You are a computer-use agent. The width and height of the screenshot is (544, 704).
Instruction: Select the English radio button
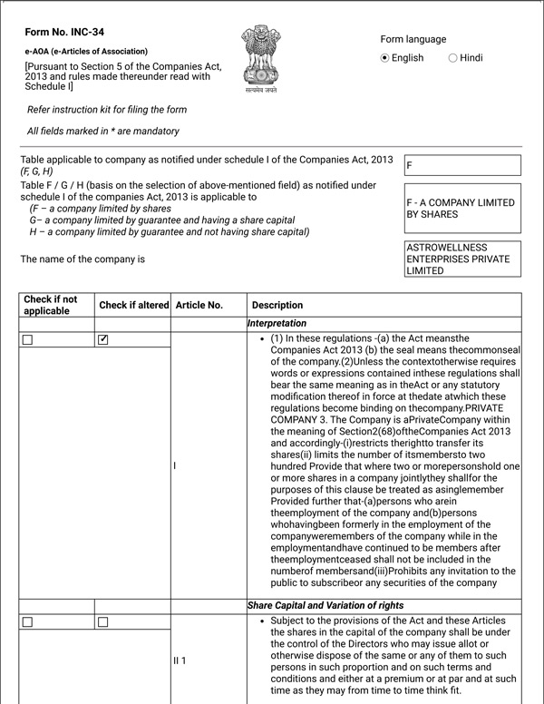click(x=385, y=58)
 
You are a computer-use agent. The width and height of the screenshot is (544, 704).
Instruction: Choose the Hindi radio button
click(x=453, y=58)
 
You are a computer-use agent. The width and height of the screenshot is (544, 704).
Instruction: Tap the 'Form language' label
click(x=413, y=39)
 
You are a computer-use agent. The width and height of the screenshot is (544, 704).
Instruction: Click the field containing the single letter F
click(x=462, y=165)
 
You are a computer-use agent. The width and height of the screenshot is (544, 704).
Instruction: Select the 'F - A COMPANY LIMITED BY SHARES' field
click(x=462, y=209)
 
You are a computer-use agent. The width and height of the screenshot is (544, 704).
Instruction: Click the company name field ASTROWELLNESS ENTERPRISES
click(x=462, y=259)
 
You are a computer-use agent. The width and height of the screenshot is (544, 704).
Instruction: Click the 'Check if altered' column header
click(x=133, y=306)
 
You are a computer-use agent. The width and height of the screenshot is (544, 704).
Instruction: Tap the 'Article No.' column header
click(x=199, y=306)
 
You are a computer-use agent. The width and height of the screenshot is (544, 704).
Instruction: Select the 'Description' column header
click(x=277, y=306)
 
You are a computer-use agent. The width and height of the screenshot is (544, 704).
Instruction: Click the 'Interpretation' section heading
click(x=277, y=323)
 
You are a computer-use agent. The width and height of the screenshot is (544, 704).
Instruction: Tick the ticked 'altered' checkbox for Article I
click(x=103, y=340)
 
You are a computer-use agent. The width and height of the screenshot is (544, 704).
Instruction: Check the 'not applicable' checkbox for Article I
click(x=27, y=340)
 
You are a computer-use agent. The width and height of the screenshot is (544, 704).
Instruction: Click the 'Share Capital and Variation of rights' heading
click(x=325, y=605)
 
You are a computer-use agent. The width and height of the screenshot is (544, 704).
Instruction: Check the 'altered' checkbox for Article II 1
click(x=103, y=622)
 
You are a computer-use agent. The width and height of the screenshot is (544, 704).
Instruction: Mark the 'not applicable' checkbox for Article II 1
click(x=27, y=622)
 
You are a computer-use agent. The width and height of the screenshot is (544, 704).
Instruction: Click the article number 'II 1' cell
click(x=180, y=660)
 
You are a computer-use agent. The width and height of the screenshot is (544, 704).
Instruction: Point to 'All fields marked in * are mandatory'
click(x=102, y=132)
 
